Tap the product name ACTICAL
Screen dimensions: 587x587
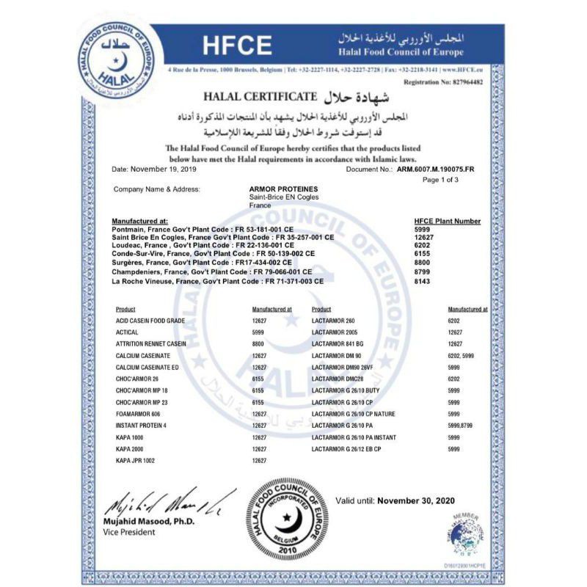(128, 332)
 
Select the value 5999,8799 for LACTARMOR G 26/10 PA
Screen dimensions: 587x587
(460, 425)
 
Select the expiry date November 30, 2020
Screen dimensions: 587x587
(416, 500)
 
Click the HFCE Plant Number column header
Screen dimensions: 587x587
(448, 221)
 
